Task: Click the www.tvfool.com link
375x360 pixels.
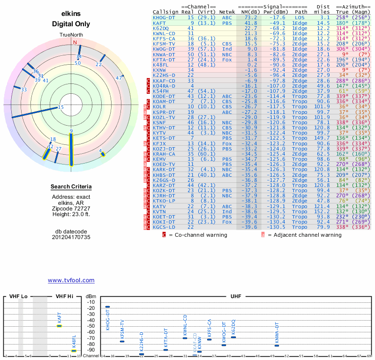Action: (x=71, y=280)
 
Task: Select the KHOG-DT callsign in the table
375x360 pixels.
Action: (x=165, y=18)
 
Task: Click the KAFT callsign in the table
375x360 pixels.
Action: (x=159, y=23)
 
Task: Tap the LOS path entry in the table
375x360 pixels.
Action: (x=300, y=18)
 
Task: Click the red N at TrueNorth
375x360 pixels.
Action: (x=75, y=42)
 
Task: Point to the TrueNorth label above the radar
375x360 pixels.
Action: (x=71, y=35)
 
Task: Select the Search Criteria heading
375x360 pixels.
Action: (x=71, y=187)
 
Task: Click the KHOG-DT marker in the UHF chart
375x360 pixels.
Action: (x=107, y=307)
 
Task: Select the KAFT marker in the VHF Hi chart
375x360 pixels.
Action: (x=60, y=325)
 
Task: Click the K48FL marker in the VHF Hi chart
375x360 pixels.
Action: (x=74, y=350)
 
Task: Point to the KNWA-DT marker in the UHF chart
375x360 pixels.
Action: (x=277, y=345)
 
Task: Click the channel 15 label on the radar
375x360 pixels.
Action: (x=60, y=107)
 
